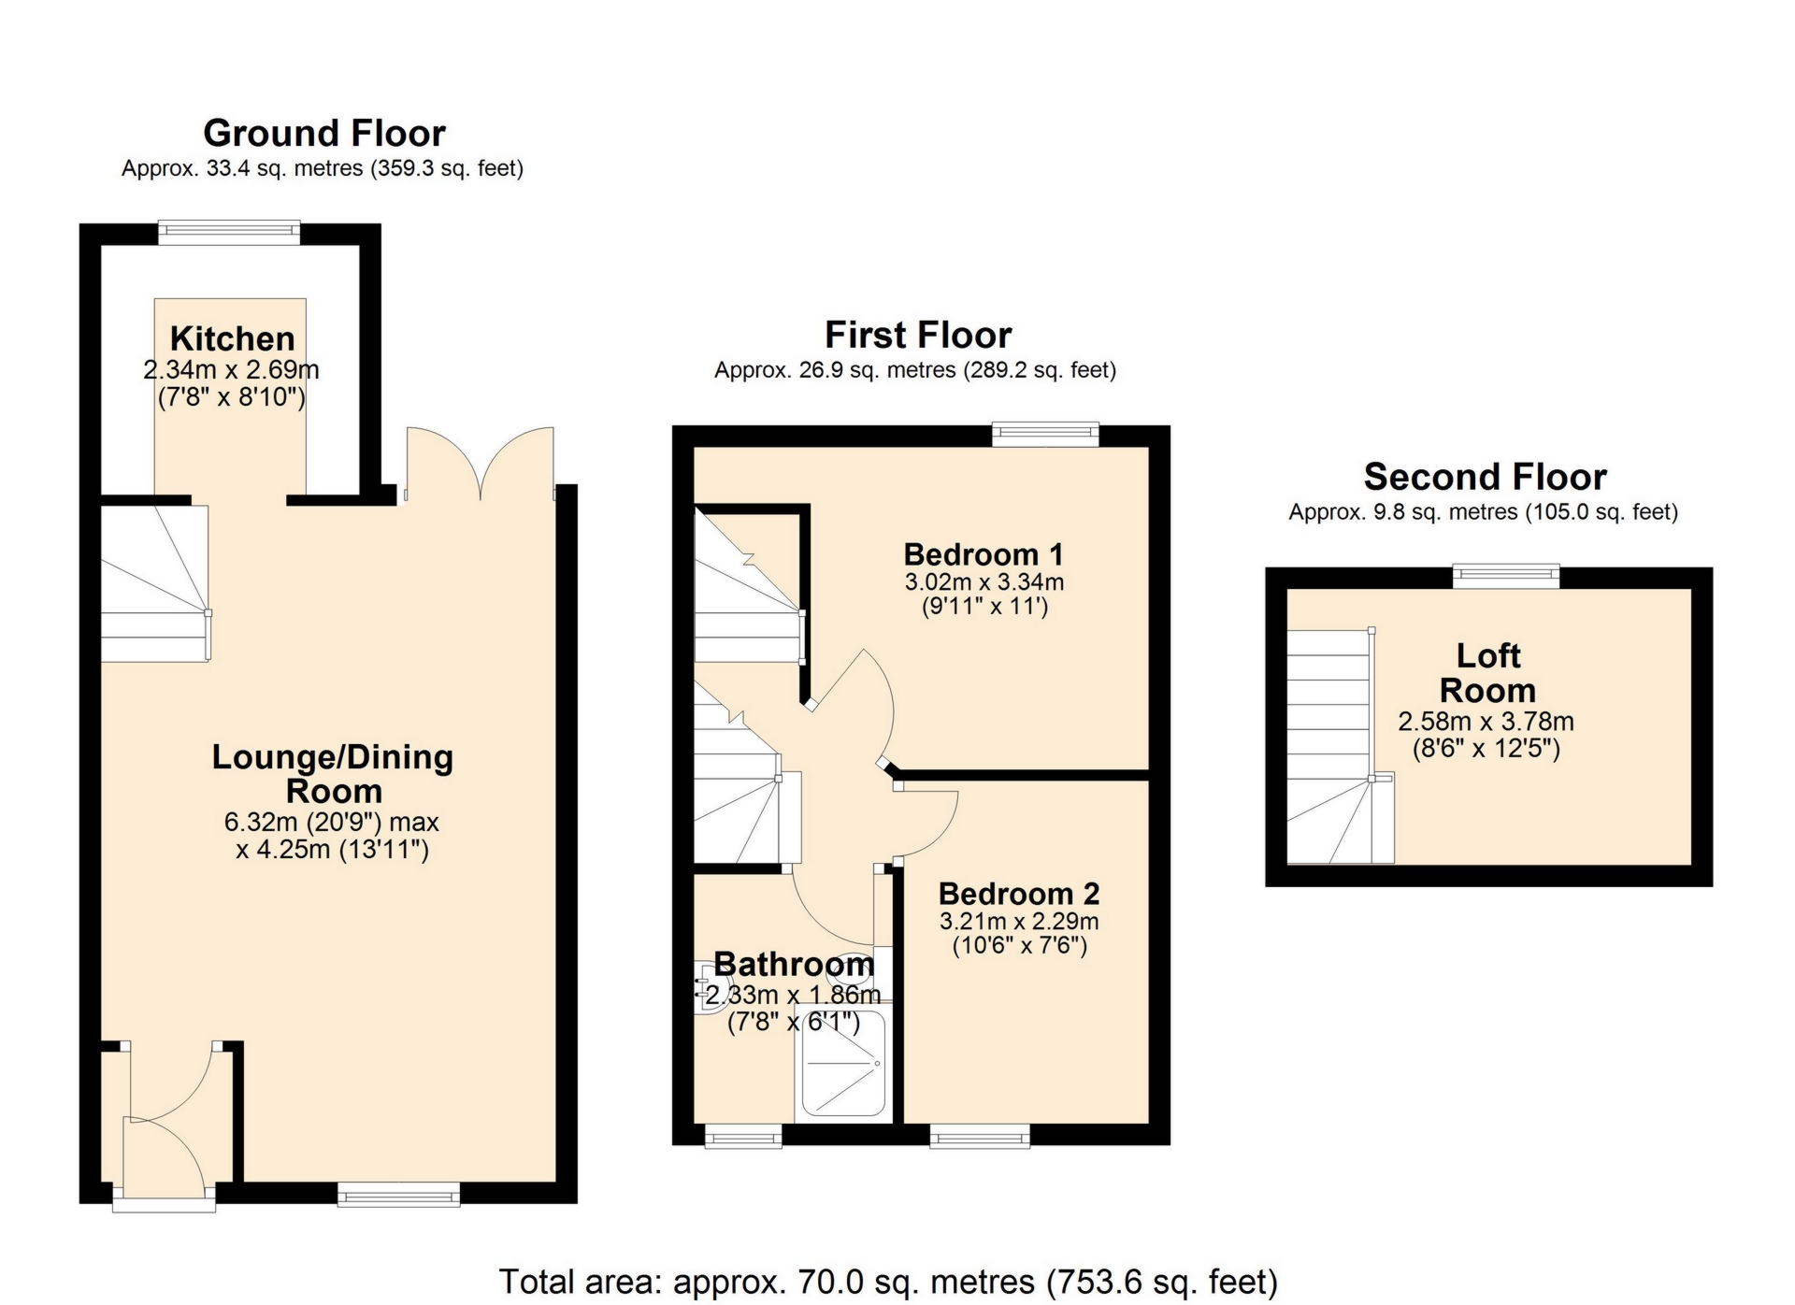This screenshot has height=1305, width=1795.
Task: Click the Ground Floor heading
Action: click(x=323, y=134)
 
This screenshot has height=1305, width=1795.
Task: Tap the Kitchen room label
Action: click(x=232, y=338)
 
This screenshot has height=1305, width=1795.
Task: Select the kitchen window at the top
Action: click(x=229, y=232)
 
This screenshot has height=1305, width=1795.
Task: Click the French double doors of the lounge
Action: click(x=481, y=463)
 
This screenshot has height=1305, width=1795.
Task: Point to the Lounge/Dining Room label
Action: click(x=333, y=773)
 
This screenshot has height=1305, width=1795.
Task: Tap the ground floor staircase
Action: click(x=154, y=584)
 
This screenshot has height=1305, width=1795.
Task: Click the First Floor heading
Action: click(x=917, y=335)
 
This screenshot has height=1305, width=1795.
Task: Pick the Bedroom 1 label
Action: click(x=984, y=554)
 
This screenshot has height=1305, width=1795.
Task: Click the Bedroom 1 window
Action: click(x=1045, y=434)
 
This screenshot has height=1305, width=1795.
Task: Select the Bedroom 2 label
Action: click(x=1019, y=894)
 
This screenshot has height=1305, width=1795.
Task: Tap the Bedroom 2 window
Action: click(x=980, y=1135)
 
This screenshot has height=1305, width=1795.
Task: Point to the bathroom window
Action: click(x=742, y=1135)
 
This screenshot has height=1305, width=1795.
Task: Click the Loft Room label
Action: click(x=1487, y=672)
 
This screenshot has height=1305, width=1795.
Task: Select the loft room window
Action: click(x=1505, y=576)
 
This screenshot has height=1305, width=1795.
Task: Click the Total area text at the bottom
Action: click(x=888, y=1281)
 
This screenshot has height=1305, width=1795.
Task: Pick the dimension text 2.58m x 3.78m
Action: click(x=1486, y=722)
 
